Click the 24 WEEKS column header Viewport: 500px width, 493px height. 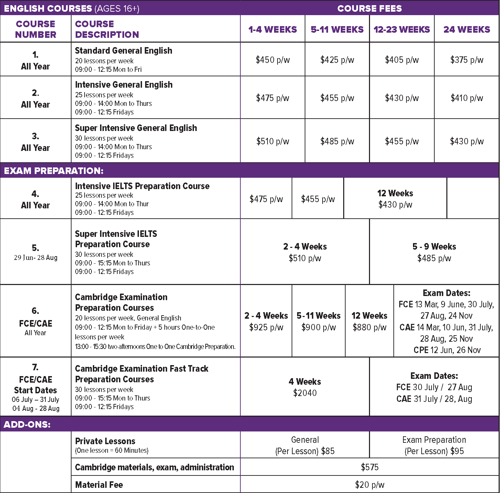tap(467, 30)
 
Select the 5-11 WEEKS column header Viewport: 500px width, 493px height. tap(337, 30)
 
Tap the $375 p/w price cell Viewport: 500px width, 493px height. tap(467, 60)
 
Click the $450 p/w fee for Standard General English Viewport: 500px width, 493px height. tap(273, 60)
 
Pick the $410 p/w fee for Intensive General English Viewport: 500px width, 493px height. tap(467, 98)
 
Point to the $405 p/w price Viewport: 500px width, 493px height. tap(402, 60)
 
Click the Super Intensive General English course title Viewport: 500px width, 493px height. tap(136, 128)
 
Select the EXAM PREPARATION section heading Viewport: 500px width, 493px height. tap(54, 171)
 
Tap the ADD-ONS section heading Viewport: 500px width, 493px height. tap(27, 425)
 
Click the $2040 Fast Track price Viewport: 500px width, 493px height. tap(305, 393)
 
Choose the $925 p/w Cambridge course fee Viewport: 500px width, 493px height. tap(266, 327)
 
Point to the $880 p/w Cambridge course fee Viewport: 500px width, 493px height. tap(369, 327)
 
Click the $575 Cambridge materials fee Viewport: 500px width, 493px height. tap(370, 467)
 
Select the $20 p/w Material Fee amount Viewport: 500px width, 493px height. tap(370, 485)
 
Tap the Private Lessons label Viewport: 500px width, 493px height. tap(105, 441)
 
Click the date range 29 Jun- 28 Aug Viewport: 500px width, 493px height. tap(35, 258)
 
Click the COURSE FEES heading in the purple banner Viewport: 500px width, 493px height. tap(369, 8)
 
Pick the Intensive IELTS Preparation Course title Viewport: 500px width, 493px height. tap(142, 186)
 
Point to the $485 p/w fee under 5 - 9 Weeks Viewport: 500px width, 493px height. tap(434, 258)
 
